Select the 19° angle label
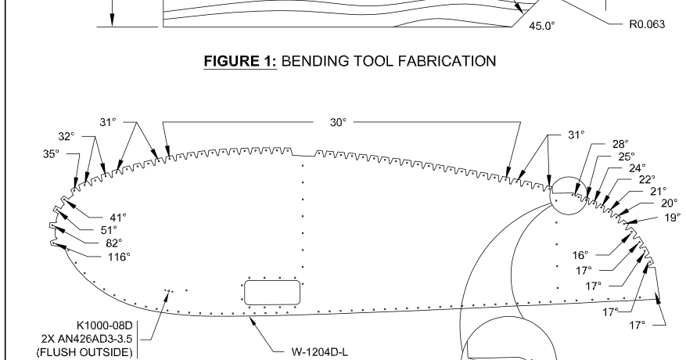(x=673, y=218)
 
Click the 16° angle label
(x=579, y=255)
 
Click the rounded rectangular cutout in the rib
(x=273, y=292)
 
